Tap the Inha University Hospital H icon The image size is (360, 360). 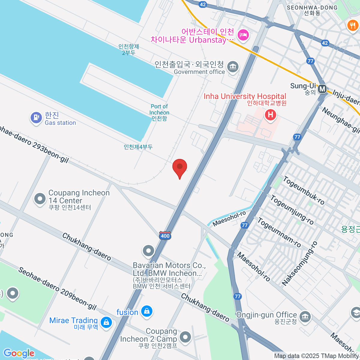click(270, 115)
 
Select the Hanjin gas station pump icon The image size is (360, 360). click(36, 117)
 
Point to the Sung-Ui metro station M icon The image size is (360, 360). click(322, 89)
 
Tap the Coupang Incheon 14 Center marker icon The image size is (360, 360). click(40, 199)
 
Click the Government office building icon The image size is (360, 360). click(233, 67)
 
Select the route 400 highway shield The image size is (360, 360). click(165, 235)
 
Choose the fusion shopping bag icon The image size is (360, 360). click(147, 311)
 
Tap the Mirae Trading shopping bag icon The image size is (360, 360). click(106, 322)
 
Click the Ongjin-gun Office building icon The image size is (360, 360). click(305, 316)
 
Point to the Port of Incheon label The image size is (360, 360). click(159, 112)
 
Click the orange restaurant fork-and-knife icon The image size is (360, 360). click(352, 25)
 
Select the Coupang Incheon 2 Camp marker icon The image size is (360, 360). click(185, 337)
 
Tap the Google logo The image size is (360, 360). click(19, 353)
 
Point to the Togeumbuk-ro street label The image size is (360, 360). click(304, 191)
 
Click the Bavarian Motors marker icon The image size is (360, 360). click(148, 251)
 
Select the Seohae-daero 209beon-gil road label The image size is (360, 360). click(57, 288)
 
